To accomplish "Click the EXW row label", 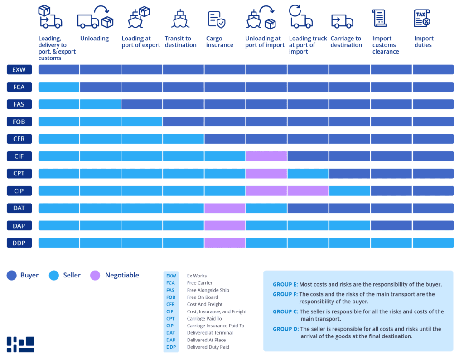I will click(x=19, y=70).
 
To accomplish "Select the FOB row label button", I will click(x=19, y=122).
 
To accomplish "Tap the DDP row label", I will click(x=19, y=243).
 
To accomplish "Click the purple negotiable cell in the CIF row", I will click(x=266, y=156).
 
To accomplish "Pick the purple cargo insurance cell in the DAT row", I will click(x=225, y=208).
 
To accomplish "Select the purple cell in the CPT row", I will click(x=266, y=174).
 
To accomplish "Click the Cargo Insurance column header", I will click(x=220, y=42).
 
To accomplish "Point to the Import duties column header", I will click(x=424, y=42).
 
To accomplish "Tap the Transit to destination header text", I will click(x=180, y=42).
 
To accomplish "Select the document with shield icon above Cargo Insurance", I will click(x=216, y=19).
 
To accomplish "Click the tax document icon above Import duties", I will click(x=422, y=18).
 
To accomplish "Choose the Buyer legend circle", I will click(x=12, y=275).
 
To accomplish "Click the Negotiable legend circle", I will click(x=95, y=275).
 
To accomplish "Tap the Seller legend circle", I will click(x=54, y=275).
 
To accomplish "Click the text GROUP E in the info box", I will click(x=285, y=285).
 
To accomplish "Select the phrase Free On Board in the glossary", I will click(x=202, y=297).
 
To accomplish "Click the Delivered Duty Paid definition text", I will click(x=208, y=347).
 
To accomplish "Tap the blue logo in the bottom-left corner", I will click(x=20, y=345).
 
